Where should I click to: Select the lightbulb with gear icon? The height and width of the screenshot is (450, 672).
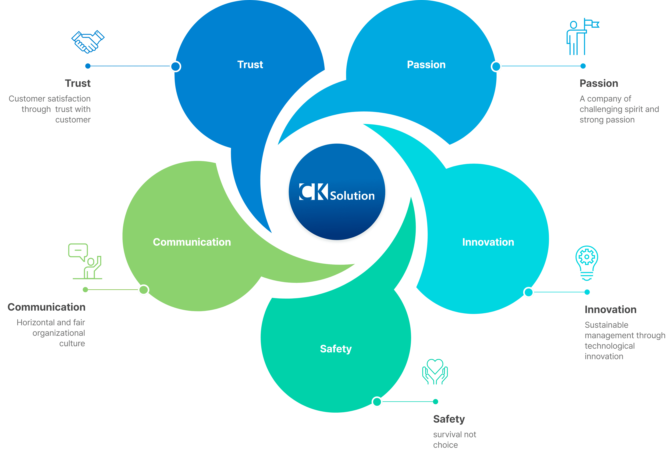[587, 263]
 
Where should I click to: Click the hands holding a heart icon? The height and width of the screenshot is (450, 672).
[435, 372]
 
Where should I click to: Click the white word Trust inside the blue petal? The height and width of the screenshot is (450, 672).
[250, 65]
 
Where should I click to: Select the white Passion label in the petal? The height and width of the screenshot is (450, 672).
[426, 65]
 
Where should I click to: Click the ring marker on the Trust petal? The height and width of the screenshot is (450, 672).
[175, 67]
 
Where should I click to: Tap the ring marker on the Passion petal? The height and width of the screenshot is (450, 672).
[496, 67]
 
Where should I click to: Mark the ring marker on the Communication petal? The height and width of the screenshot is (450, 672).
[143, 290]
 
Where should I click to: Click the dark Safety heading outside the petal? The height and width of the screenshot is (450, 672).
[449, 419]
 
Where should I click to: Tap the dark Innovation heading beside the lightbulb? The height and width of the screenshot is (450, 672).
[610, 310]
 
